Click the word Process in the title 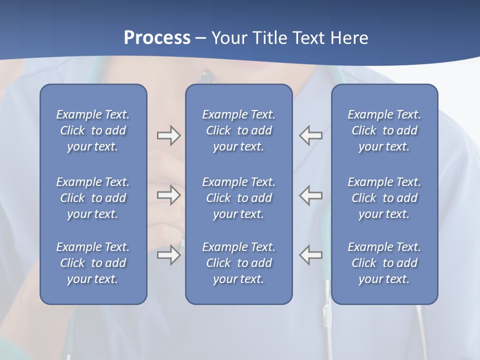pos(157,38)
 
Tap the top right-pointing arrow pos(168,135)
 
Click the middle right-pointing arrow pos(168,195)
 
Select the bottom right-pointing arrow pos(168,254)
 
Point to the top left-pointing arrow pos(311,135)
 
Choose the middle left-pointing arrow pos(311,195)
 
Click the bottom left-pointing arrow pos(311,254)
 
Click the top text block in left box pos(93,130)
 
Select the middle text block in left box pos(93,198)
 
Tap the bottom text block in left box pos(93,263)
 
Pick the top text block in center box pos(238,130)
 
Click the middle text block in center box pos(238,198)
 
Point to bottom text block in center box pos(238,263)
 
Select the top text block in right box pos(384,130)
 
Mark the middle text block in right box pos(384,198)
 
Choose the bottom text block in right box pos(384,263)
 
